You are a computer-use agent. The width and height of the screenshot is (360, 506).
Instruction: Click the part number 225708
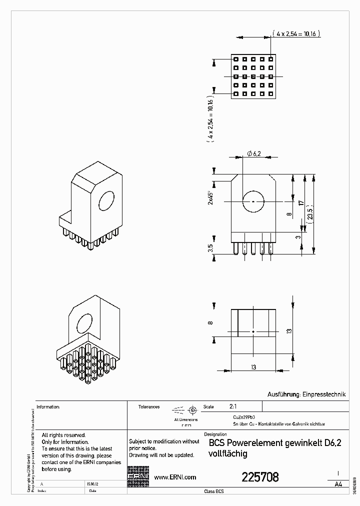260,477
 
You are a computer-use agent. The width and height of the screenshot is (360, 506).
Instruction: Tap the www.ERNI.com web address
174,477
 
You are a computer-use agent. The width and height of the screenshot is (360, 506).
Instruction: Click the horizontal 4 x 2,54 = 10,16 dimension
296,33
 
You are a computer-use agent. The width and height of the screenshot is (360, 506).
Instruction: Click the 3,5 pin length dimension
211,247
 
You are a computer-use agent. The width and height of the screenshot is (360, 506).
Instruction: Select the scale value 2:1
233,406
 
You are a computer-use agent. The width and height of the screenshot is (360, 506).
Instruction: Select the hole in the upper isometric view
106,201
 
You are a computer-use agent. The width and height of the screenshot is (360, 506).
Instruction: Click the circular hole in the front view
253,201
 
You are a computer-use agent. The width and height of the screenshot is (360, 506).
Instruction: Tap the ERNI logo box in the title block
138,477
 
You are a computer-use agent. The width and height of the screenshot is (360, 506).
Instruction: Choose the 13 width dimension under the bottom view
253,367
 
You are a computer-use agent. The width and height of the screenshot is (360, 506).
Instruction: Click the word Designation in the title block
215,434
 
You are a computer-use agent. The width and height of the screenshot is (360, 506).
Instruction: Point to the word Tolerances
149,407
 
